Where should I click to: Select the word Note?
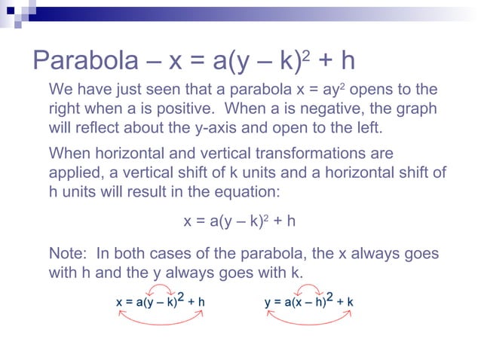coord(66,254)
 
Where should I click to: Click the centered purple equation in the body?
coord(240,221)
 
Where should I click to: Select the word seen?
coord(185,90)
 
